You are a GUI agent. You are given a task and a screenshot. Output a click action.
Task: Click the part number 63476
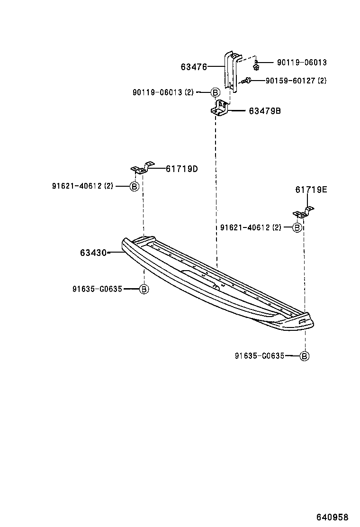tap(194, 67)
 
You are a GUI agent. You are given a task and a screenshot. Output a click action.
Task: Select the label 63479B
tap(265, 111)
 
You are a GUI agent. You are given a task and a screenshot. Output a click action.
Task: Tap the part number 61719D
tap(181, 168)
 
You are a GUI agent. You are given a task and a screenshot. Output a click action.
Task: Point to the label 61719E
tap(311, 190)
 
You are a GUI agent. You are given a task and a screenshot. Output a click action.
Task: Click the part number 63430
tap(93, 253)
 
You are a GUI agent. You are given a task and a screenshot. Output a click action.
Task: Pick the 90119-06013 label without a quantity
tap(302, 63)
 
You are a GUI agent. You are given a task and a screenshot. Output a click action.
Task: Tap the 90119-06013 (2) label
tap(163, 92)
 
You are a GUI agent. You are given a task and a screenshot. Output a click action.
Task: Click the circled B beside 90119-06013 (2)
tap(215, 93)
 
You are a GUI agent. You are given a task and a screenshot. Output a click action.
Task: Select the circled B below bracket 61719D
tap(134, 186)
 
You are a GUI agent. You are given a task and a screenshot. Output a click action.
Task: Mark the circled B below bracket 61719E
tap(297, 228)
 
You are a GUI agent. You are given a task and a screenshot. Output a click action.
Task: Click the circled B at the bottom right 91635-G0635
tap(305, 356)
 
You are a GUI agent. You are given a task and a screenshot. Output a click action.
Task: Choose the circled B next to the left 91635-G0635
tap(144, 289)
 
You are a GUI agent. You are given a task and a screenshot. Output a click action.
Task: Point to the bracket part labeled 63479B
tap(220, 109)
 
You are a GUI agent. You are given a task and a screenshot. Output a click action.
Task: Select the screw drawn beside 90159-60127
tap(246, 82)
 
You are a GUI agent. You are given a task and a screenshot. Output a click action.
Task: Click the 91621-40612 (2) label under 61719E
tap(251, 227)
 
